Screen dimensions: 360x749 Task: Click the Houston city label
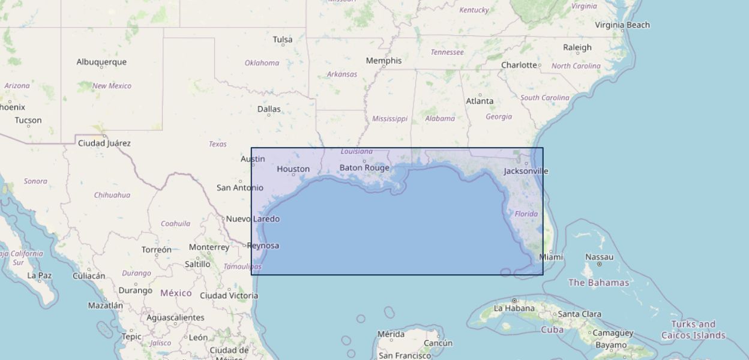pyautogui.click(x=293, y=169)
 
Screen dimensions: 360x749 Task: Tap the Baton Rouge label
pyautogui.click(x=364, y=168)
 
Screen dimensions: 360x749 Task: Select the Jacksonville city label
pyautogui.click(x=526, y=171)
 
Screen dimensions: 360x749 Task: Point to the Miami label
pyautogui.click(x=551, y=257)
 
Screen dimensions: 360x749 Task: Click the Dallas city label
pyautogui.click(x=269, y=109)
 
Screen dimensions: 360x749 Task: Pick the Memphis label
pyautogui.click(x=384, y=61)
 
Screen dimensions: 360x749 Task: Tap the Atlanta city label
pyautogui.click(x=480, y=101)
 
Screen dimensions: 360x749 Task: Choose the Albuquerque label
pyautogui.click(x=101, y=62)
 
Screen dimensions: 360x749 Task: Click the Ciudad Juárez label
pyautogui.click(x=104, y=143)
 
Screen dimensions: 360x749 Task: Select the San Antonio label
pyautogui.click(x=239, y=188)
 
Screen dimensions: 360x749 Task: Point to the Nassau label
pyautogui.click(x=599, y=257)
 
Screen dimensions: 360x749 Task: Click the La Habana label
pyautogui.click(x=514, y=308)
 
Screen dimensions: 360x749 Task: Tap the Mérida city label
pyautogui.click(x=391, y=334)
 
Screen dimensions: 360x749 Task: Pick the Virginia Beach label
pyautogui.click(x=622, y=25)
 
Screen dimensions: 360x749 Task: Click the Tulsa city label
pyautogui.click(x=283, y=40)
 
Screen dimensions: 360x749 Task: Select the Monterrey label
pyautogui.click(x=209, y=247)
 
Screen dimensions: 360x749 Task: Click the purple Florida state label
pyautogui.click(x=526, y=214)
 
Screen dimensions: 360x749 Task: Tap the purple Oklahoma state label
pyautogui.click(x=262, y=63)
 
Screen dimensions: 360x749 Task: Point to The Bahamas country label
pyautogui.click(x=598, y=283)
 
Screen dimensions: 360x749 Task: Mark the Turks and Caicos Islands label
pyautogui.click(x=693, y=329)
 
